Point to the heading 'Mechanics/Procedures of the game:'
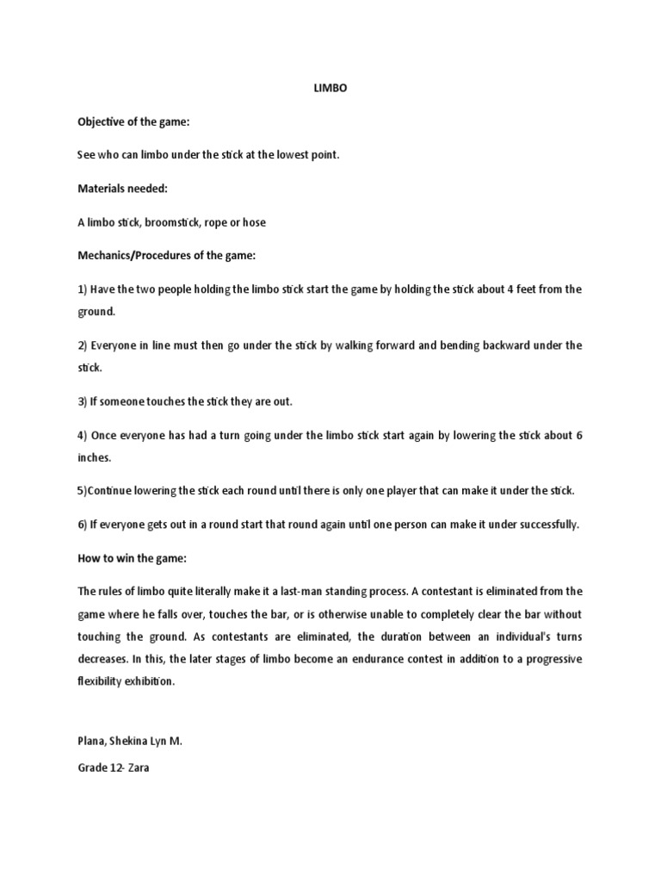[167, 256]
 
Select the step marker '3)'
[83, 401]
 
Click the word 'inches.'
[95, 457]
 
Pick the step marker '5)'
[83, 491]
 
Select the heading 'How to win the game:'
[132, 558]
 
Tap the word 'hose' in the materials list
[253, 222]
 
